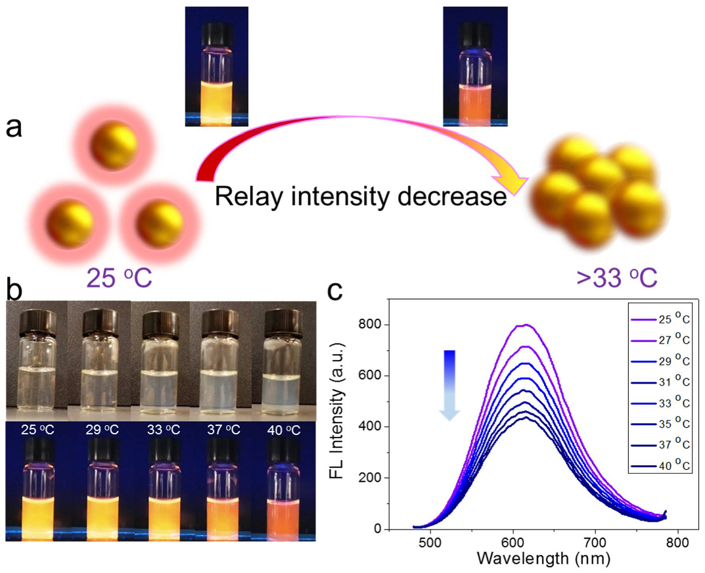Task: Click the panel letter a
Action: pyautogui.click(x=14, y=126)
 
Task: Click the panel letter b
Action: pyautogui.click(x=15, y=288)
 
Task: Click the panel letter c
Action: pyautogui.click(x=336, y=290)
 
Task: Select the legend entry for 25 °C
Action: pyautogui.click(x=664, y=321)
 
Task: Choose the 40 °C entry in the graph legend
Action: pyautogui.click(x=664, y=466)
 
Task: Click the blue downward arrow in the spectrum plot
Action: pyautogui.click(x=449, y=384)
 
